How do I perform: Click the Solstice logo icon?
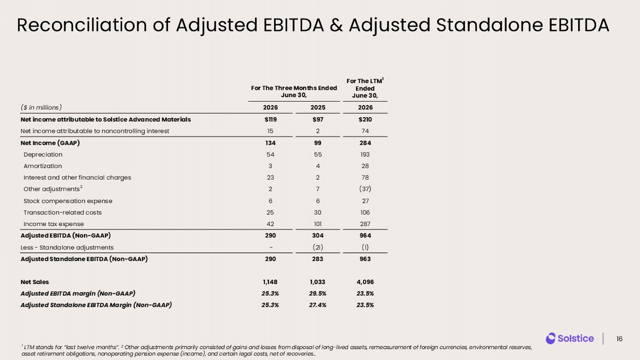coord(550,338)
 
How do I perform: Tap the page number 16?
coord(620,339)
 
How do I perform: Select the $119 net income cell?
coord(270,119)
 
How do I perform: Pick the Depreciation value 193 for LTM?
coord(365,154)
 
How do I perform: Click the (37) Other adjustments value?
coord(365,189)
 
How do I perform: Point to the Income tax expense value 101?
coord(318,224)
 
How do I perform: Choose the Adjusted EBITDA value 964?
coord(365,235)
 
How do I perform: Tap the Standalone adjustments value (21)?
coord(318,247)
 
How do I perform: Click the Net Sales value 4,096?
coord(365,282)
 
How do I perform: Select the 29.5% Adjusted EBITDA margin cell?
coord(318,293)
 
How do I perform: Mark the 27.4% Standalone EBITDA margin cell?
coord(318,305)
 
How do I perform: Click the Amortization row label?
coord(43,166)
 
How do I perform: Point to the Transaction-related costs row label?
coord(63,212)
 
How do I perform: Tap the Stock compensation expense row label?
coord(68,201)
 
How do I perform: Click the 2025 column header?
coord(318,107)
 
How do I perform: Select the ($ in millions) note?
coord(41,107)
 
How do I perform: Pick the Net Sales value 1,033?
coord(318,282)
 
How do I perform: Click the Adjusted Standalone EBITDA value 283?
coord(318,259)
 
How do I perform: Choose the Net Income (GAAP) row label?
coord(50,143)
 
